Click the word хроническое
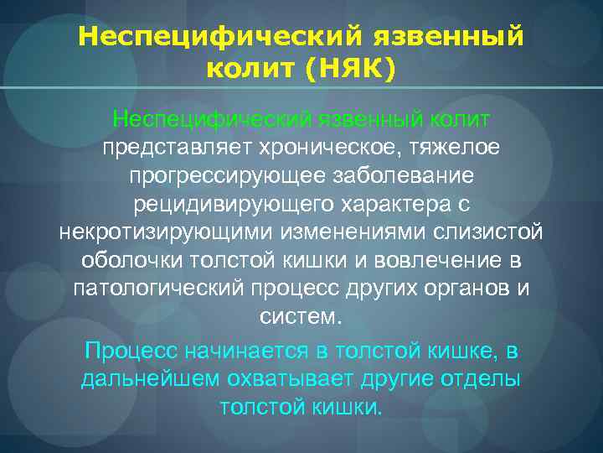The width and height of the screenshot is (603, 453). (x=322, y=148)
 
